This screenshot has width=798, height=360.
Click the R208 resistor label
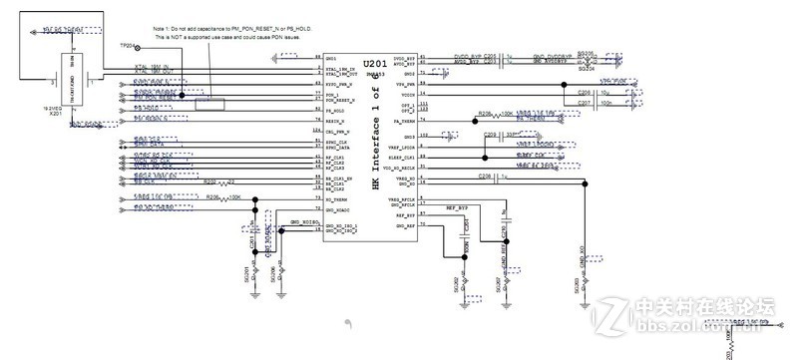486,114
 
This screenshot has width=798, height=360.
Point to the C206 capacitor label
584,91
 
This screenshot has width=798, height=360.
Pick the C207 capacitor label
584,102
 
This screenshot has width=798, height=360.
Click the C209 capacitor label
489,134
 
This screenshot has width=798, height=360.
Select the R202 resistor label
208,182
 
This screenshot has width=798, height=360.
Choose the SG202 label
453,283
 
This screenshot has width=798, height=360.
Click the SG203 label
577,286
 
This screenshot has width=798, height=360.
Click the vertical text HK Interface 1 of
376,141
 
